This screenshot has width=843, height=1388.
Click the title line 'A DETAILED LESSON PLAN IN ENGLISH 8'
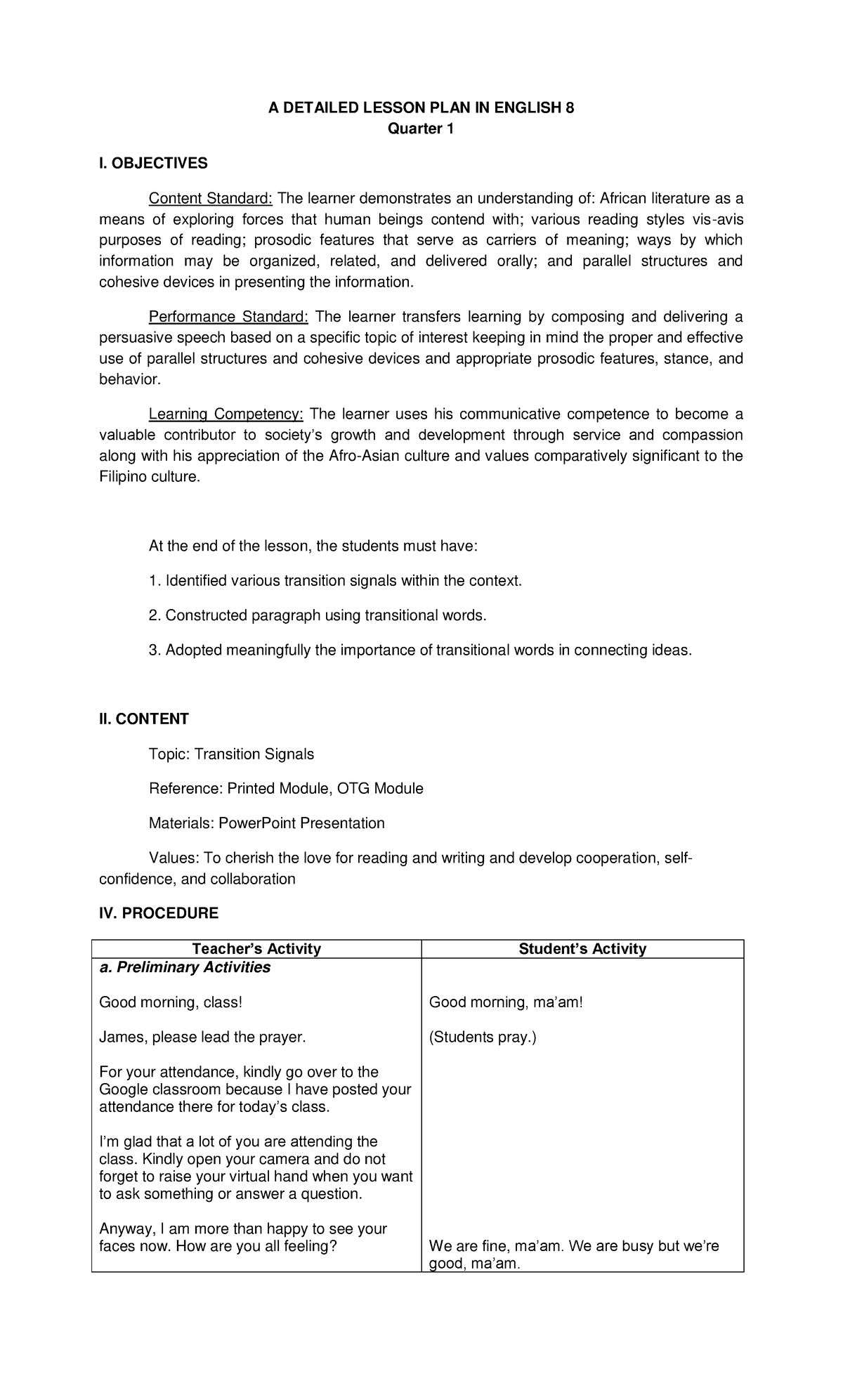point(421,107)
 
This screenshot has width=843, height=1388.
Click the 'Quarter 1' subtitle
point(421,129)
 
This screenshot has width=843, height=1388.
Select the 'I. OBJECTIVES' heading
point(153,164)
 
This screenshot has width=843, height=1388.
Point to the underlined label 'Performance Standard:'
point(228,317)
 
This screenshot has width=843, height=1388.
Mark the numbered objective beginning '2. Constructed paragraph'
point(317,615)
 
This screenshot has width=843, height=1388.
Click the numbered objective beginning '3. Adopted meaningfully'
point(420,650)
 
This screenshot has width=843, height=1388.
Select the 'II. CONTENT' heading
point(144,719)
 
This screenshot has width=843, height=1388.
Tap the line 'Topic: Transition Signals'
point(231,754)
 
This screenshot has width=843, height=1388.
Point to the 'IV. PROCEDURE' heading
point(159,913)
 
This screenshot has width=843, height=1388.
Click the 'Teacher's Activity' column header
point(256,949)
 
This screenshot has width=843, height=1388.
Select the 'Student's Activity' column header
point(582,949)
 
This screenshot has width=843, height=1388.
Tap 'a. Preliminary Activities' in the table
point(185,967)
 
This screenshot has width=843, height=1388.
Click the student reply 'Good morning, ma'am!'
point(506,1002)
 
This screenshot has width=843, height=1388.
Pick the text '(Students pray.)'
point(483,1037)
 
